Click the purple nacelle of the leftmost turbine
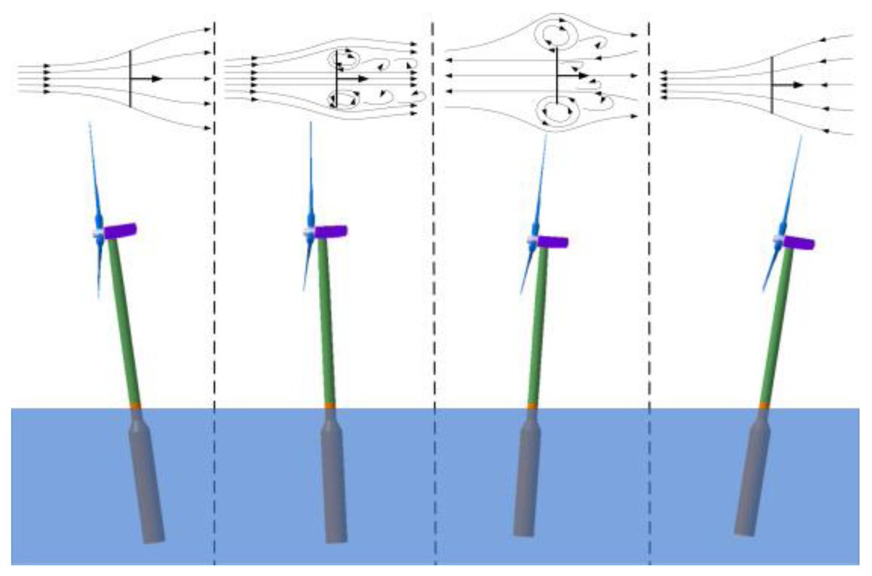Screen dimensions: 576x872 tap(121, 231)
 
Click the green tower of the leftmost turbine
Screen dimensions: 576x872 tap(124, 320)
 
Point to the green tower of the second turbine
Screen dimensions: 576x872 tap(326, 320)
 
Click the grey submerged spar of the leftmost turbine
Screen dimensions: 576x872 tap(145, 479)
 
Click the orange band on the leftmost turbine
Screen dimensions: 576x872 tap(134, 405)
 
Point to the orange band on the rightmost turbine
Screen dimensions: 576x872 tap(764, 405)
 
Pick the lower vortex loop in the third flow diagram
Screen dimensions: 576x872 tap(555, 113)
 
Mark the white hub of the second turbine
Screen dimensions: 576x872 tap(309, 232)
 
